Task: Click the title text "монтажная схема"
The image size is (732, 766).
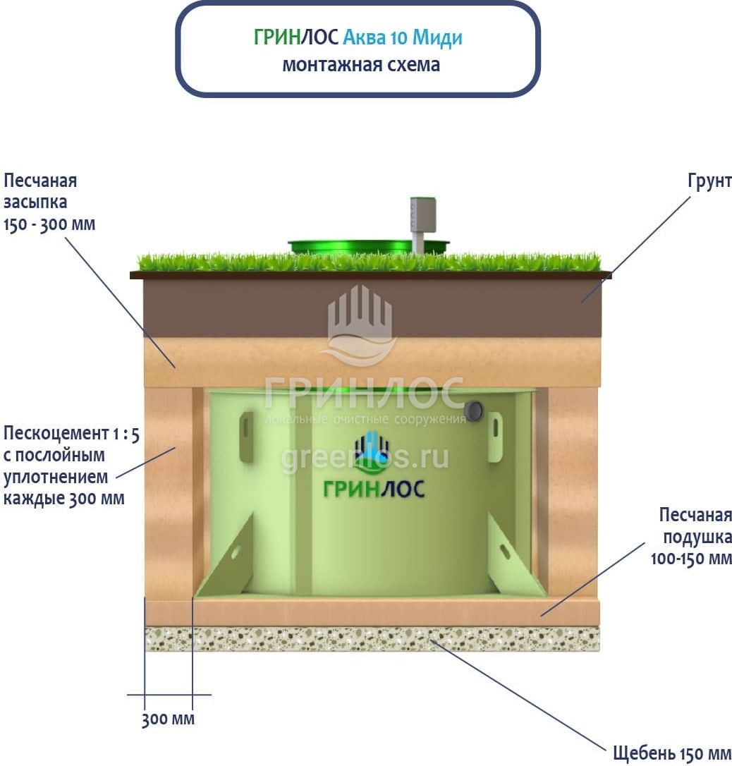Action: [x=360, y=65]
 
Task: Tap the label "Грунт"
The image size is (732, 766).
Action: [x=709, y=181]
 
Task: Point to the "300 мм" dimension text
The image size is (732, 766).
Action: [x=168, y=720]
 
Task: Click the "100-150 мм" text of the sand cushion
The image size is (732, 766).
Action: [x=691, y=559]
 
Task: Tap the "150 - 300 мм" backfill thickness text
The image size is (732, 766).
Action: [x=49, y=224]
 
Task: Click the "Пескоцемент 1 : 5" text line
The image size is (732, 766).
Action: [x=71, y=433]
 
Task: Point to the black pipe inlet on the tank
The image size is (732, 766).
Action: [x=475, y=410]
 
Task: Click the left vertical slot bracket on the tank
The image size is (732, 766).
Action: [x=246, y=437]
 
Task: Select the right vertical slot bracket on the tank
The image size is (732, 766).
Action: [x=495, y=437]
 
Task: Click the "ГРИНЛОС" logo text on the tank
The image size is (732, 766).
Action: [x=374, y=488]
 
